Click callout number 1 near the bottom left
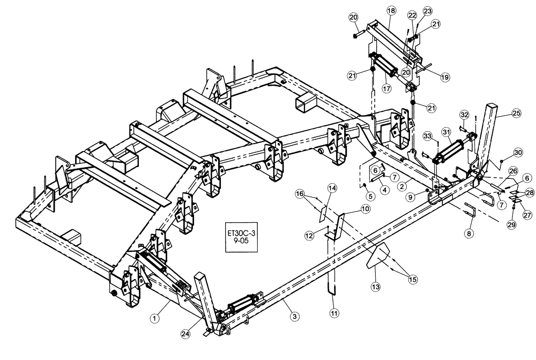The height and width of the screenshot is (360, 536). click(154, 319)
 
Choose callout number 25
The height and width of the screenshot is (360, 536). click(516, 113)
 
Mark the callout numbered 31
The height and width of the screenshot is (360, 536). click(446, 131)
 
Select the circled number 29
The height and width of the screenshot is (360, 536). click(511, 225)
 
